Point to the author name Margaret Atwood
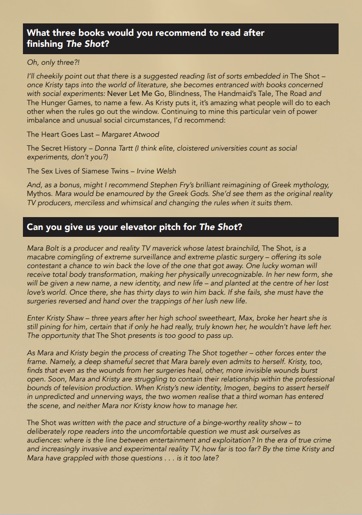pyautogui.click(x=130, y=134)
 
